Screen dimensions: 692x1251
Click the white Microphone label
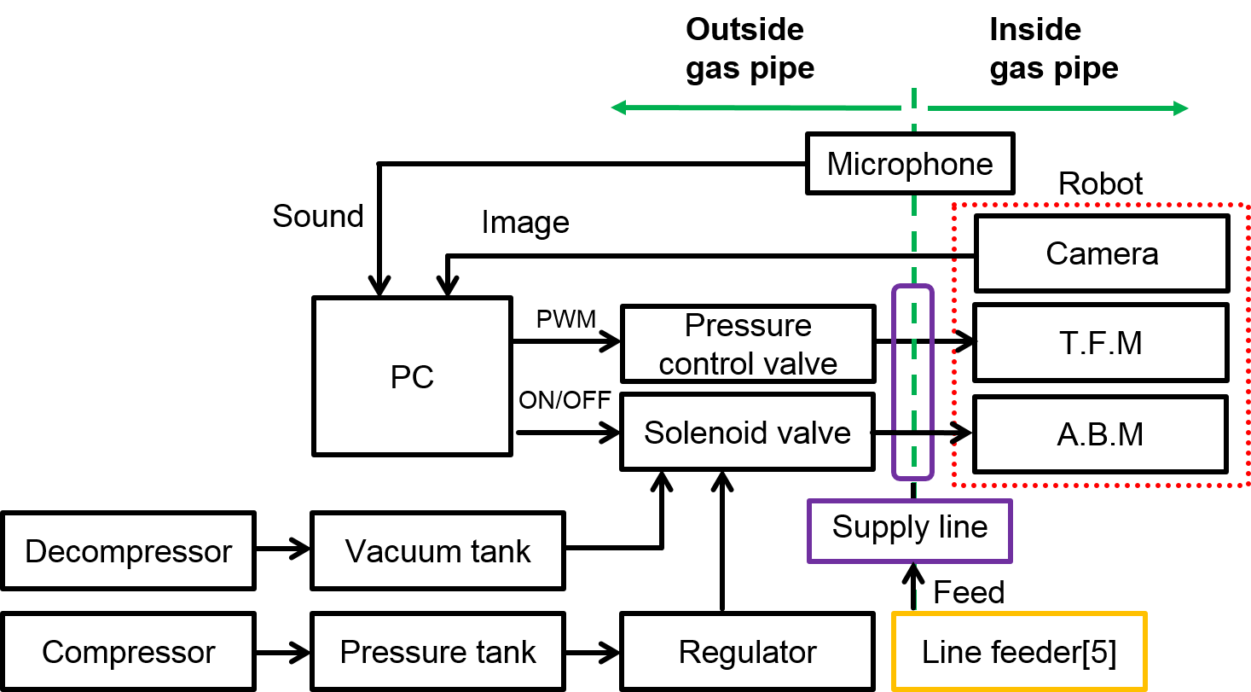click(x=910, y=163)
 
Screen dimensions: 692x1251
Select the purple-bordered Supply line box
click(x=910, y=531)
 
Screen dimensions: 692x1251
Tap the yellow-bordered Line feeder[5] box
click(x=1019, y=651)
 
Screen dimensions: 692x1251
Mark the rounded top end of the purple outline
click(x=913, y=287)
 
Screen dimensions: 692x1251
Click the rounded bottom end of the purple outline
click(x=913, y=478)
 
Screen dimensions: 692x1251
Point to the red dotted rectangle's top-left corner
click(x=953, y=206)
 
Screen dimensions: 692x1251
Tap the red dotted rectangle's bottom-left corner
click(x=953, y=485)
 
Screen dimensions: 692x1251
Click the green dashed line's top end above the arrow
click(x=914, y=89)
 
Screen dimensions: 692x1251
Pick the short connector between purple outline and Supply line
click(x=915, y=490)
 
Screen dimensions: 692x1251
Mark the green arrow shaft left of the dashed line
click(x=759, y=108)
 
